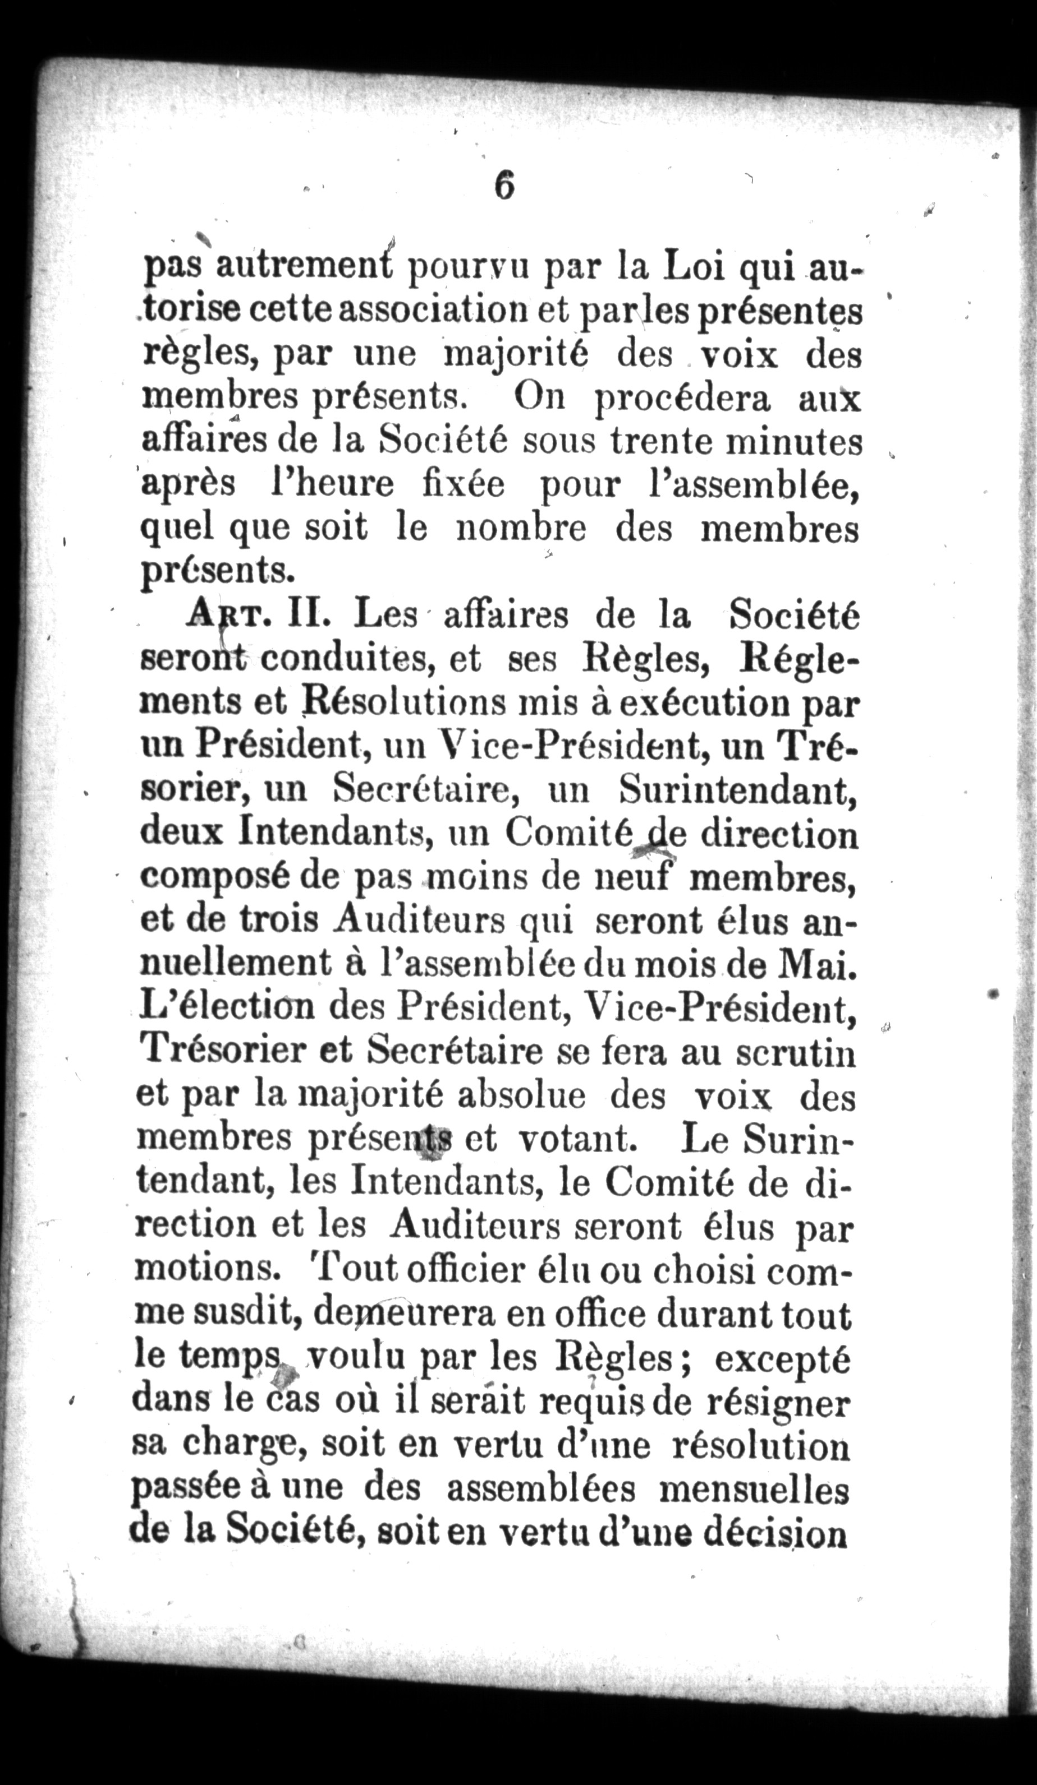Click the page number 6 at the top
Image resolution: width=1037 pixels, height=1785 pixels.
click(x=504, y=186)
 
